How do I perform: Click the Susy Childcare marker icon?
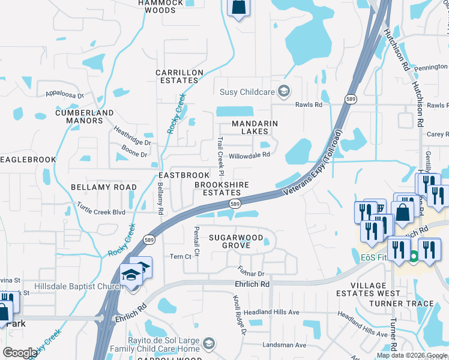[285, 92]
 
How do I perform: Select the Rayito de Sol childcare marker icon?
[208, 344]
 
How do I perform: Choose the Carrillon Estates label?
[179, 76]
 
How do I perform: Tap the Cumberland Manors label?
[85, 116]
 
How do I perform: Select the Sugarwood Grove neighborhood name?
[236, 241]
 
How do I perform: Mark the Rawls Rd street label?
[309, 105]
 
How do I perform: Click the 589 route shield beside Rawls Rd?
[351, 98]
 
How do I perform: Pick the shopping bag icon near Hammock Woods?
[238, 7]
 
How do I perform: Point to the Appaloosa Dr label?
[67, 94]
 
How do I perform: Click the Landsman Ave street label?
[285, 345]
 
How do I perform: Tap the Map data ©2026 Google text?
[411, 355]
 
